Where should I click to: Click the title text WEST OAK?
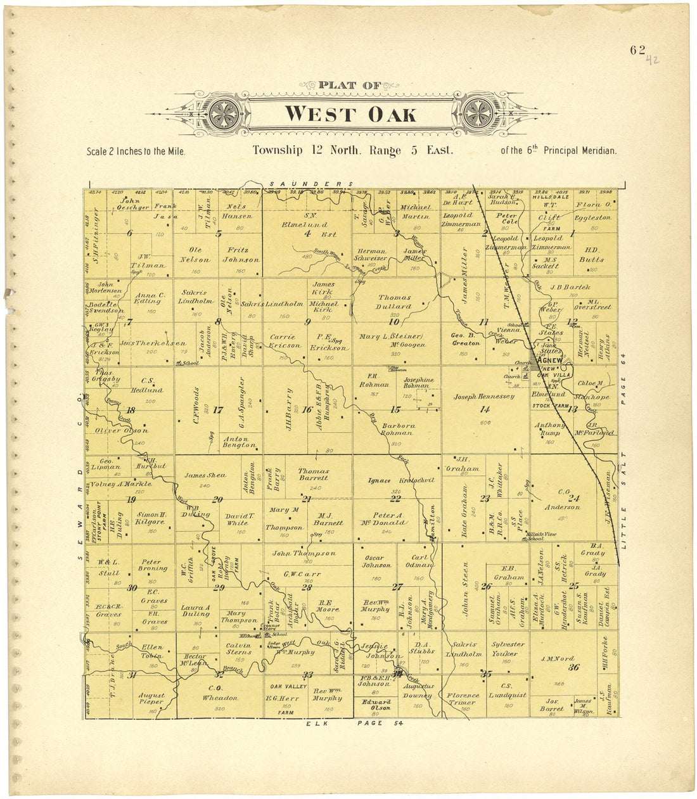pyautogui.click(x=350, y=114)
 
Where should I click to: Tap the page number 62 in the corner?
pyautogui.click(x=637, y=51)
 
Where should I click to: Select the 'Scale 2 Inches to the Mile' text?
pyautogui.click(x=136, y=152)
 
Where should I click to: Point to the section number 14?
pyautogui.click(x=485, y=409)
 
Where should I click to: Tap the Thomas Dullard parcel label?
pyautogui.click(x=395, y=302)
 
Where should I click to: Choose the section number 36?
pyautogui.click(x=573, y=667)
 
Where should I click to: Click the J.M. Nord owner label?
pyautogui.click(x=558, y=659)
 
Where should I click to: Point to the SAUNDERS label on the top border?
pyautogui.click(x=309, y=183)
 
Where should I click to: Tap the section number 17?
pyautogui.click(x=217, y=410)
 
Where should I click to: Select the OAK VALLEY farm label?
pyautogui.click(x=288, y=686)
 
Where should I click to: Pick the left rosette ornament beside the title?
pyautogui.click(x=225, y=114)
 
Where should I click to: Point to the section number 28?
pyautogui.click(x=307, y=587)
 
